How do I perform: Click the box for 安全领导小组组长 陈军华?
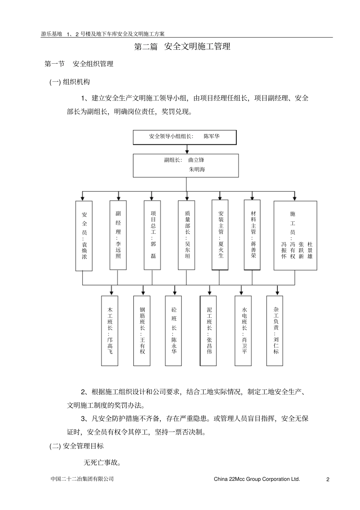click(x=185, y=137)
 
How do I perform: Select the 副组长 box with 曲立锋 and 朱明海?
click(x=186, y=166)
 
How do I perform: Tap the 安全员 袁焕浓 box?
click(x=84, y=236)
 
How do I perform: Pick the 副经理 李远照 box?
click(x=118, y=235)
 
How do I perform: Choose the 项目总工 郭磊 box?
click(x=152, y=235)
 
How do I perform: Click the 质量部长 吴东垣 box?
click(x=186, y=235)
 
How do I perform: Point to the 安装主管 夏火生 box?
click(x=220, y=235)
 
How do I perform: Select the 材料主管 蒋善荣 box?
click(x=252, y=235)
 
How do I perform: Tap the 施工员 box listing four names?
click(x=295, y=235)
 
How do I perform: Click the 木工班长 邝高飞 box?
click(x=110, y=331)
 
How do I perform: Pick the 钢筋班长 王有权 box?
click(x=142, y=331)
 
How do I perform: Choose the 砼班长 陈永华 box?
click(x=174, y=331)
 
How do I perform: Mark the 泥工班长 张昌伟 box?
click(x=208, y=331)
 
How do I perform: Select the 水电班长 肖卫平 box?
click(x=243, y=331)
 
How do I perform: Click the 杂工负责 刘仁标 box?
click(x=275, y=331)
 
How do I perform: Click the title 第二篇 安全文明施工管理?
click(x=182, y=47)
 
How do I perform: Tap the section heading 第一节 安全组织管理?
click(x=79, y=64)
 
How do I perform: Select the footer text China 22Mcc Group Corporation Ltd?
click(x=257, y=479)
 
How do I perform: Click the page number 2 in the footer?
click(x=328, y=479)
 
